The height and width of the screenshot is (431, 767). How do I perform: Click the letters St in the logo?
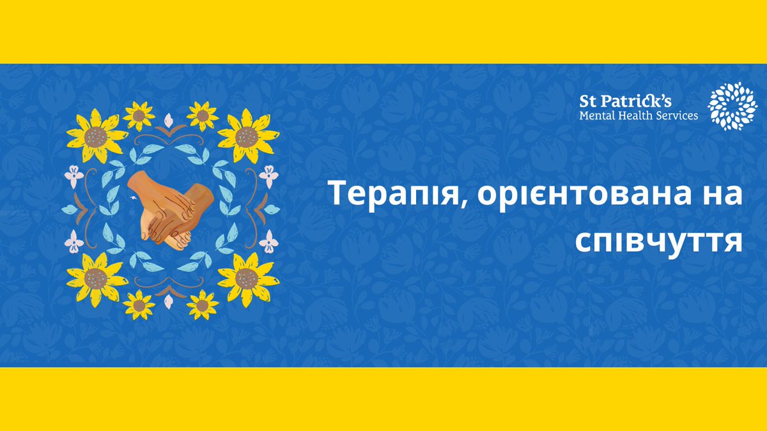[588, 101]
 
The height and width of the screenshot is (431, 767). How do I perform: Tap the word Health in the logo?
[635, 116]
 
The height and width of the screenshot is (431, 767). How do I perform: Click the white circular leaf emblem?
[732, 105]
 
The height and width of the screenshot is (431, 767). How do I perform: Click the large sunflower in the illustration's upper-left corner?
[96, 136]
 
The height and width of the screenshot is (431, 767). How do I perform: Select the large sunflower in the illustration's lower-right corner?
[247, 278]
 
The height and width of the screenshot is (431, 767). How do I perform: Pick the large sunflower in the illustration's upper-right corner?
[247, 136]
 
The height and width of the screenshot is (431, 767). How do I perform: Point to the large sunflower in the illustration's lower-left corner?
[96, 278]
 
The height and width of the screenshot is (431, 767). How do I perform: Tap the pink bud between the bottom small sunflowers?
[170, 300]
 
